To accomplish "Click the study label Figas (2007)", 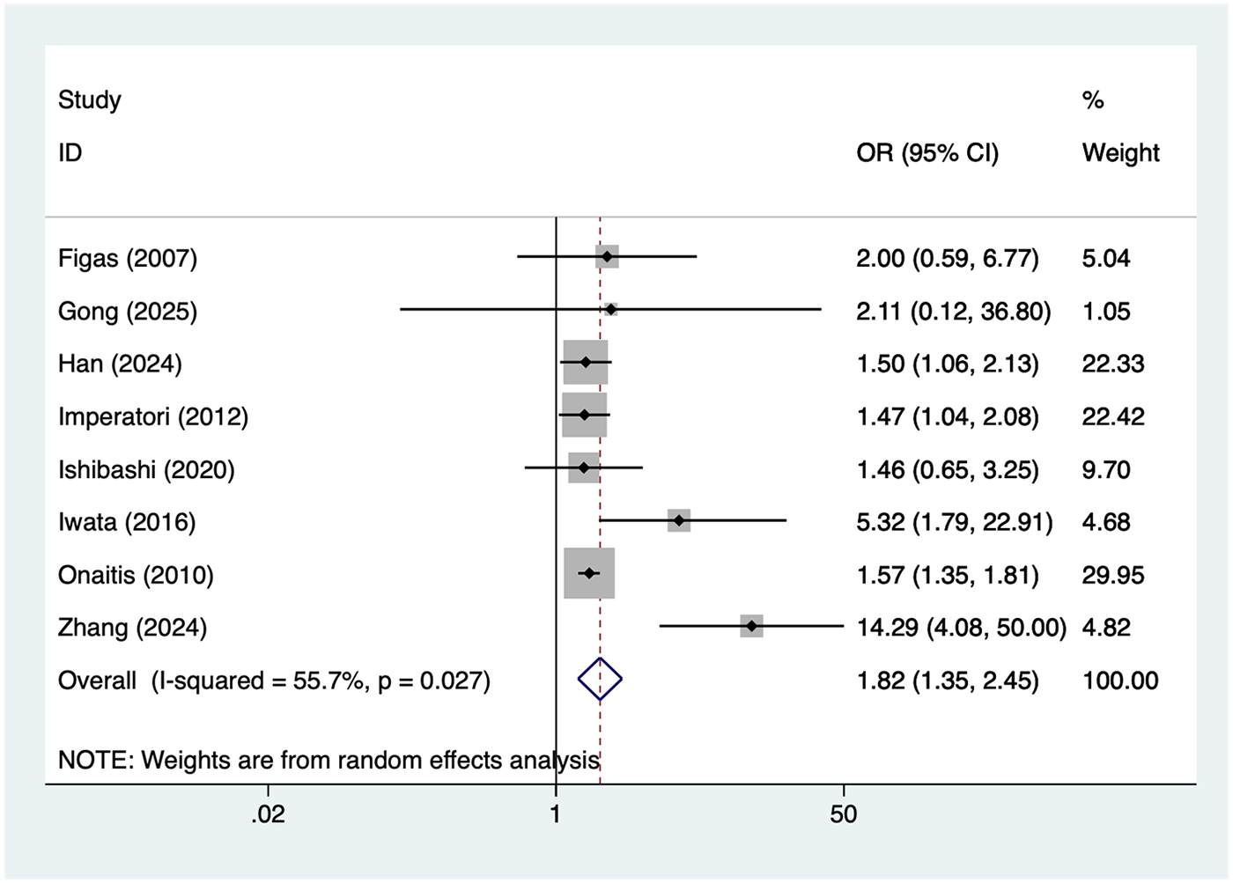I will point(128,258).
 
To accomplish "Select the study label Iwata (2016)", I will point(127,522).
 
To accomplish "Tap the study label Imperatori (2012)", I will point(153,416).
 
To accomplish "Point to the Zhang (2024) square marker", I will point(751,626).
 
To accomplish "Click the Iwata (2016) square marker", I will point(678,521).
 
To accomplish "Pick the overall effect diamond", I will point(600,679).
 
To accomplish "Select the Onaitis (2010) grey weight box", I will point(589,573).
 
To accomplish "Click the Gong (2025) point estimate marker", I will point(610,309).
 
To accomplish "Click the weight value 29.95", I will point(1113,575).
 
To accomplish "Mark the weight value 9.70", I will point(1106,469).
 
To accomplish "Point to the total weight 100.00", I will point(1120,681).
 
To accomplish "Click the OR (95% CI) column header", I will point(927,153).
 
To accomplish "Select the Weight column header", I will point(1120,153).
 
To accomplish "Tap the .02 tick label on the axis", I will point(268,814).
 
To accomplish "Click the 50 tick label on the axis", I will point(843,814).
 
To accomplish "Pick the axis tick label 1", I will point(556,814).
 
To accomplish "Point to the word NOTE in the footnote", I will point(94,760).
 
